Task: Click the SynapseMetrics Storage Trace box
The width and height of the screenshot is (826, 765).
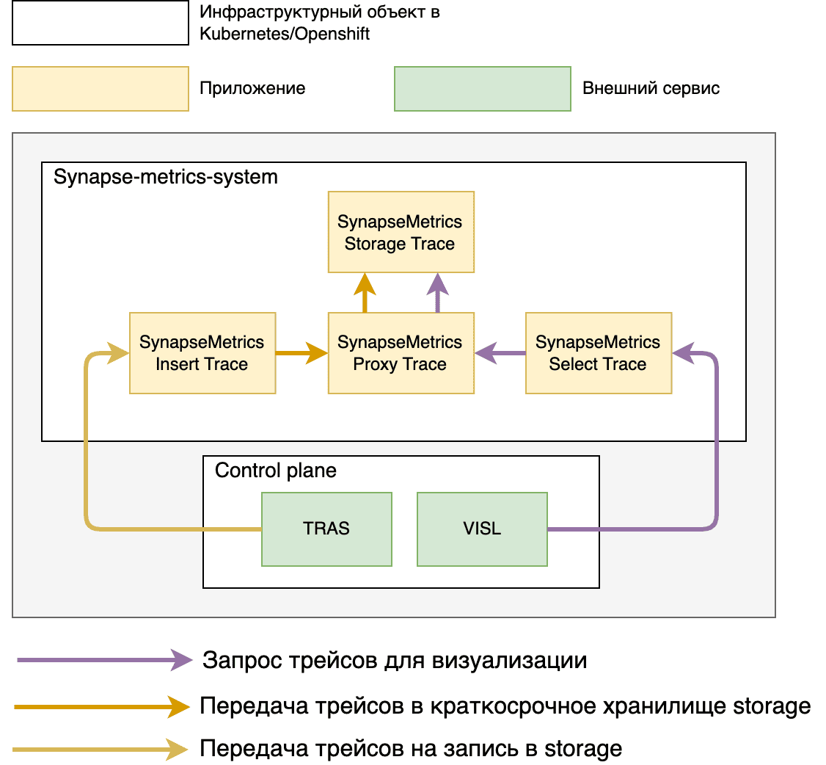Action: point(401,233)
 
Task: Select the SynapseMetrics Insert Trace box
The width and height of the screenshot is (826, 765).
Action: point(202,353)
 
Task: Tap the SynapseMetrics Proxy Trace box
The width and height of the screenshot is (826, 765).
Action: point(401,353)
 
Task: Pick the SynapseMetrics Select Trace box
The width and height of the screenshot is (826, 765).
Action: point(599,353)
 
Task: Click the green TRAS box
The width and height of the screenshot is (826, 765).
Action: point(326,529)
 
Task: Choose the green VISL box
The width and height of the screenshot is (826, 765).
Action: point(482,529)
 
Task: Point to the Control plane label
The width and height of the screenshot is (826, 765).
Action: point(276,471)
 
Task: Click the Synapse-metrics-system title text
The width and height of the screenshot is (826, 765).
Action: point(166,177)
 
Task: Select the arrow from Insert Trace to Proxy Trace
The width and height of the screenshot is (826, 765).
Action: point(301,353)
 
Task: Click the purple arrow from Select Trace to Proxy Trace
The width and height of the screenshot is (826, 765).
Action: point(500,353)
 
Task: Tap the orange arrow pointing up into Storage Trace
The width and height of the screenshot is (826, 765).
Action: point(364,293)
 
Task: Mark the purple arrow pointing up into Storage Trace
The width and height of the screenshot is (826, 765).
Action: point(437,293)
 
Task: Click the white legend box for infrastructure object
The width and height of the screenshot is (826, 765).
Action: point(100,23)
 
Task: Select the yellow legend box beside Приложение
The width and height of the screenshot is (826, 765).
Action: point(100,89)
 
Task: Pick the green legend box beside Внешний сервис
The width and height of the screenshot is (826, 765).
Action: point(482,89)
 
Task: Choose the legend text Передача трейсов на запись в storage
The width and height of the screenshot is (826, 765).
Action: point(411,749)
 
